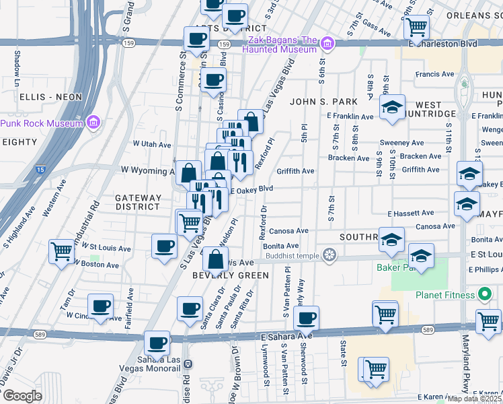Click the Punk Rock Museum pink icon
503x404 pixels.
93,123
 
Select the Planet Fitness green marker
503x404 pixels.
483,295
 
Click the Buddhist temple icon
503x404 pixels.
330,255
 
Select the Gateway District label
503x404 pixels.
138,202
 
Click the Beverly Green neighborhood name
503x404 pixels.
231,275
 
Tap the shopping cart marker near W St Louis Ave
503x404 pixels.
61,252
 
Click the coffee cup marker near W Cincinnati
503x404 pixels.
100,306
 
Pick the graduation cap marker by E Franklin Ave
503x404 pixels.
391,108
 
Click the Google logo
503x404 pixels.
22,396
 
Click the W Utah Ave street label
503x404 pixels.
152,144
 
